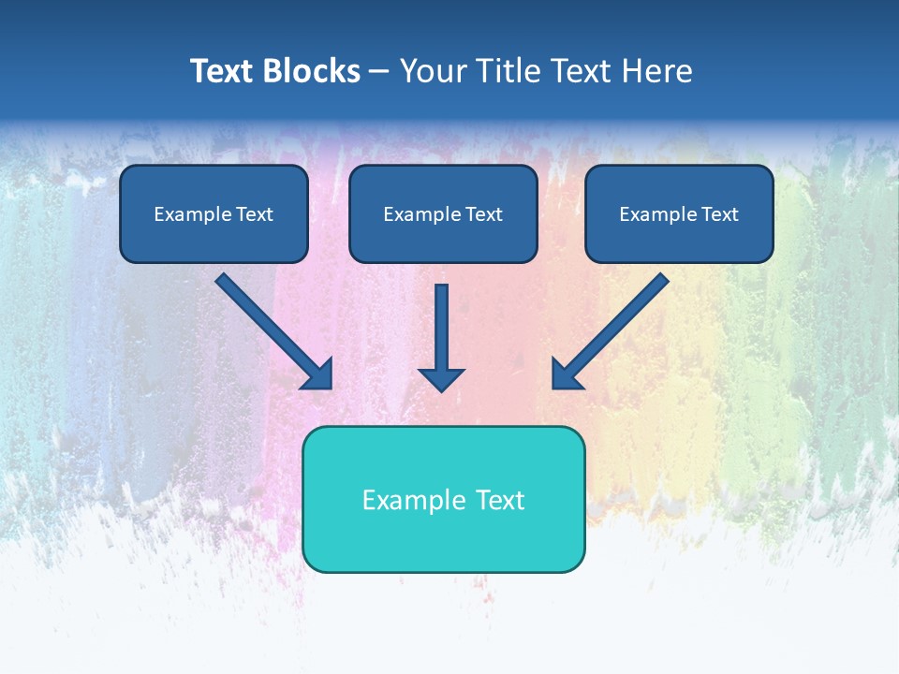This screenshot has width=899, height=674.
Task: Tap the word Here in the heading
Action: pyautogui.click(x=656, y=71)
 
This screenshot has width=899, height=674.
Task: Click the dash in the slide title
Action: pyautogui.click(x=379, y=72)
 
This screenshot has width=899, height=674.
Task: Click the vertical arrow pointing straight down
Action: pyautogui.click(x=441, y=328)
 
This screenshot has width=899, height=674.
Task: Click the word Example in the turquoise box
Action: pyautogui.click(x=401, y=500)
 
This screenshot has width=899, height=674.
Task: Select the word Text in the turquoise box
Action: pyautogui.click(x=499, y=500)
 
